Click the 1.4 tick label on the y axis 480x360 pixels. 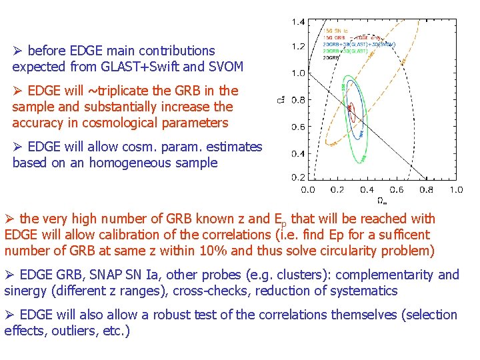(297, 21)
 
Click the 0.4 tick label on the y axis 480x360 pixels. (297, 153)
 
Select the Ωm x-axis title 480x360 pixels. (381, 200)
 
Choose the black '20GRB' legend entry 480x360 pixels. (331, 58)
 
